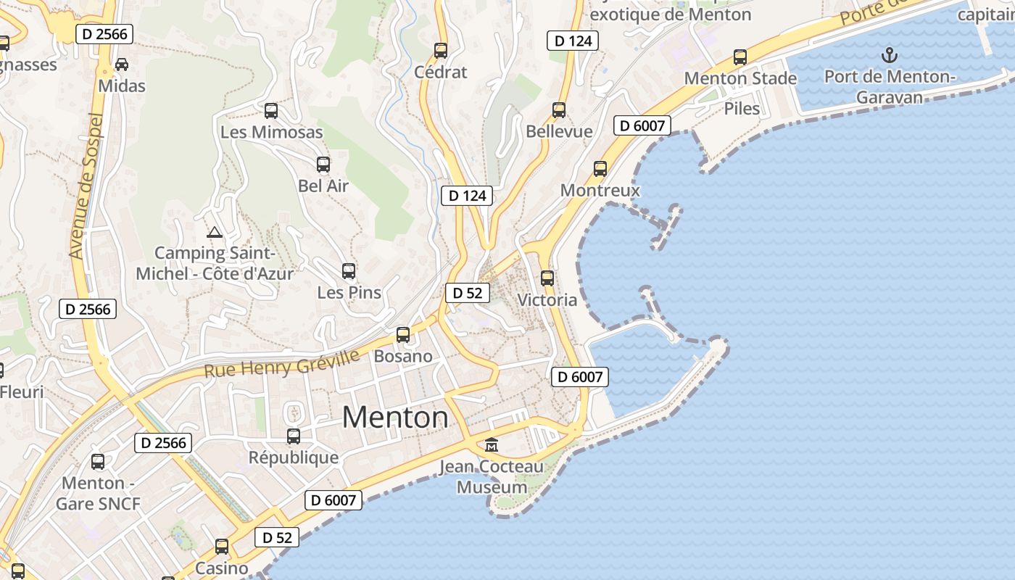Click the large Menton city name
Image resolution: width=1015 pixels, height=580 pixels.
coord(395,418)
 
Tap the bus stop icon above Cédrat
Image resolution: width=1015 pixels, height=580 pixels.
coord(441,51)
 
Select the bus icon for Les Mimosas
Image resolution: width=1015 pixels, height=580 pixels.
coord(271,111)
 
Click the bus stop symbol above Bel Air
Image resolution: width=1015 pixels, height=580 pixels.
coord(323,165)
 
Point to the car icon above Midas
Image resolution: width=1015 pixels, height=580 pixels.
coord(122,65)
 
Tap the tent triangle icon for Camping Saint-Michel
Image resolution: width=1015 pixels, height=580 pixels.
coord(214,233)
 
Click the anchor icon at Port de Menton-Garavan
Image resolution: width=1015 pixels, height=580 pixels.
coord(889,55)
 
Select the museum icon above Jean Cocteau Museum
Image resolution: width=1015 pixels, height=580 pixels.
coord(492,444)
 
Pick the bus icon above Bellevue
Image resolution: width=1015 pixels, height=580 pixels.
coord(559,110)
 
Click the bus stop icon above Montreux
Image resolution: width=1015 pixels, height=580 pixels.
coord(600,169)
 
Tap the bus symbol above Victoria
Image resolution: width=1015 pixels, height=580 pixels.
coord(547,278)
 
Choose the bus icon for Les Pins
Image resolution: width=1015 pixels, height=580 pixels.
coord(349,271)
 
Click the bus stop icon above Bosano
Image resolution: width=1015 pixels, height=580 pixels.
coord(403,335)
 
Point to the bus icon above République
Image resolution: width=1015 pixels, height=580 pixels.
coord(294,436)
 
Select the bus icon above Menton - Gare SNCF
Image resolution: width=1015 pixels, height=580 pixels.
coord(98,461)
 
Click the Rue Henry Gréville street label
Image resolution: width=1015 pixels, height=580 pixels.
coord(282,364)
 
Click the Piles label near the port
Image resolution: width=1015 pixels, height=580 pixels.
coord(742,109)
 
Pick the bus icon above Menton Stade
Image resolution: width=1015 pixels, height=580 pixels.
coord(740,57)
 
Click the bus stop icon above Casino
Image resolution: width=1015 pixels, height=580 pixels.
coord(222,547)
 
